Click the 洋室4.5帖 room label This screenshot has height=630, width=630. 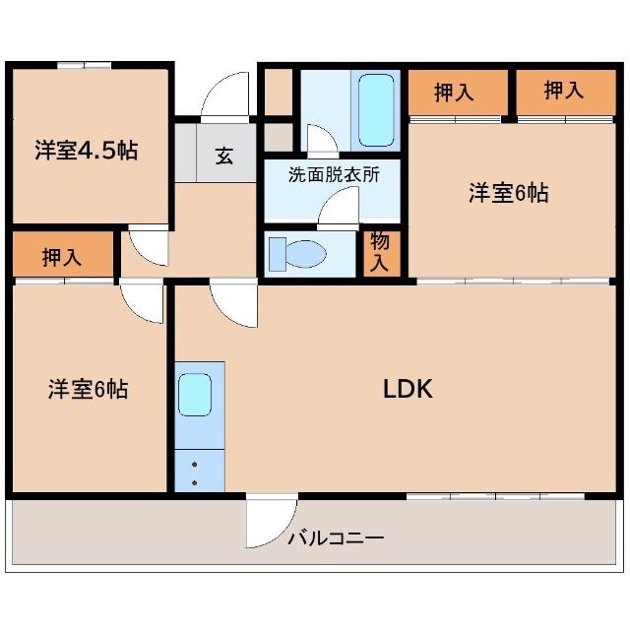pyautogui.click(x=87, y=151)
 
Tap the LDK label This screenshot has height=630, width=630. pyautogui.click(x=408, y=388)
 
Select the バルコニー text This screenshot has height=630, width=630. pyautogui.click(x=336, y=538)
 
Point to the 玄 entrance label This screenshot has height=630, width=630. pyautogui.click(x=224, y=155)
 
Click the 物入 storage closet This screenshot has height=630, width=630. pyautogui.click(x=379, y=252)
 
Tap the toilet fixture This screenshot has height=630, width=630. pyautogui.click(x=299, y=253)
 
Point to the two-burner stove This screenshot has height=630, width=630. pyautogui.click(x=196, y=472)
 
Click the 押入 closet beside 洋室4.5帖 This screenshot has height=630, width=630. pyautogui.click(x=62, y=257)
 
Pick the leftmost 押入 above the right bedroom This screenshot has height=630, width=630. pyautogui.click(x=455, y=93)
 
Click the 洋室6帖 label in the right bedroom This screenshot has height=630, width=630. pyautogui.click(x=508, y=193)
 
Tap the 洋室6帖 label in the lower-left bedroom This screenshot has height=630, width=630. pyautogui.click(x=89, y=389)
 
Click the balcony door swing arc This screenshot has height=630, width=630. pyautogui.click(x=270, y=522)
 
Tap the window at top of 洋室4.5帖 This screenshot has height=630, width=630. pyautogui.click(x=84, y=66)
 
